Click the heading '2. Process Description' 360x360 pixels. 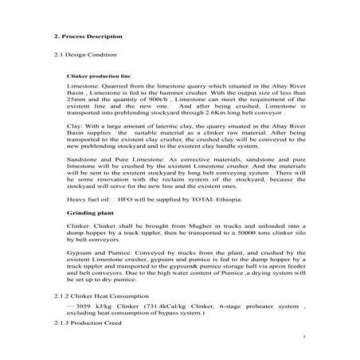click(88, 37)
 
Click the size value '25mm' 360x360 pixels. click(76, 98)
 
